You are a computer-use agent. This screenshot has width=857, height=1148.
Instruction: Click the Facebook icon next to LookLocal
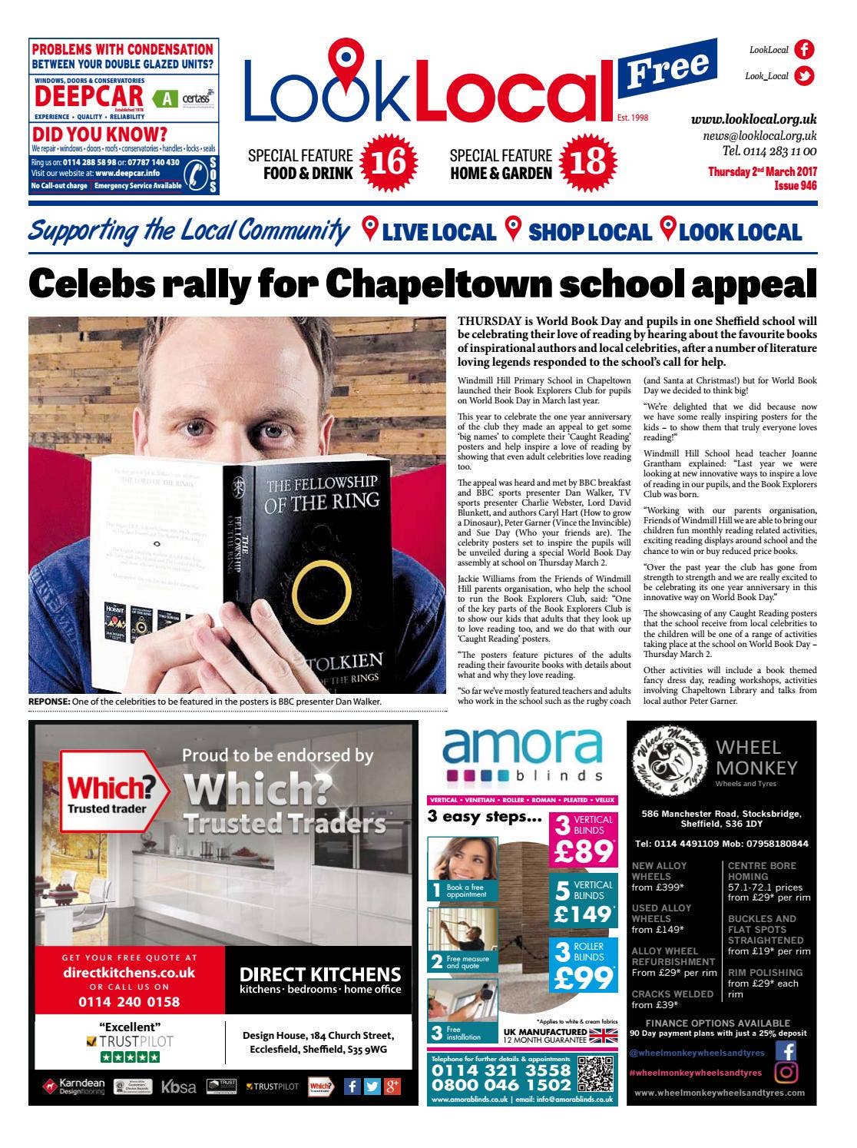pyautogui.click(x=804, y=50)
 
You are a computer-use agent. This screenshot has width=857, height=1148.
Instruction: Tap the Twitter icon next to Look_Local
pyautogui.click(x=804, y=76)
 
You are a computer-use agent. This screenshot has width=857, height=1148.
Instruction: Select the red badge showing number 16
pyautogui.click(x=388, y=162)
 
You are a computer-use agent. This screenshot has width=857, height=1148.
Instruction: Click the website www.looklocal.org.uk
pyautogui.click(x=753, y=119)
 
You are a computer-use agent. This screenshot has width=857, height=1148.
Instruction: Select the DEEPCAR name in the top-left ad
pyautogui.click(x=89, y=97)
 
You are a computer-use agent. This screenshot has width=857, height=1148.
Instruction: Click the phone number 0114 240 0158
pyautogui.click(x=129, y=1001)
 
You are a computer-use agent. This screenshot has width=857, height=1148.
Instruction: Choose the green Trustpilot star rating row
pyautogui.click(x=130, y=1057)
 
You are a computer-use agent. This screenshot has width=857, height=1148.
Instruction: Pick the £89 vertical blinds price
pyautogui.click(x=583, y=851)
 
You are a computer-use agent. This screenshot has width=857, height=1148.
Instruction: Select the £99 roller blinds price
pyautogui.click(x=583, y=977)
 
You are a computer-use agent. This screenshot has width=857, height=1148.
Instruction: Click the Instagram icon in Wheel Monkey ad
pyautogui.click(x=786, y=1071)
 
